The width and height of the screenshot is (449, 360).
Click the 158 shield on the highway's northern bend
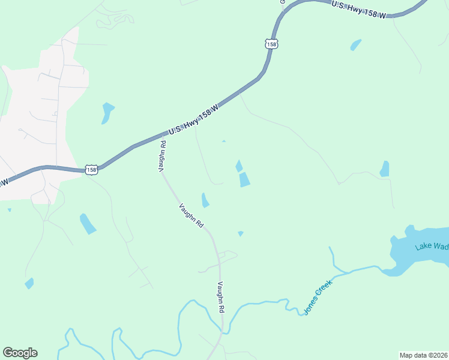271,44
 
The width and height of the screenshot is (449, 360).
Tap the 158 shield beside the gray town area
91,170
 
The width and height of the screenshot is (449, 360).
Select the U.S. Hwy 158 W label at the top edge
359,10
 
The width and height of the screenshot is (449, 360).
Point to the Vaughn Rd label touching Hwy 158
162,157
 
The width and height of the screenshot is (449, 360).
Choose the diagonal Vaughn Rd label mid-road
191,215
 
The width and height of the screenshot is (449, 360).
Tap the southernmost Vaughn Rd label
220,296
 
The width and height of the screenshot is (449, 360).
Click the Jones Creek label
318,296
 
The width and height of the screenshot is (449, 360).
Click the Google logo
20,353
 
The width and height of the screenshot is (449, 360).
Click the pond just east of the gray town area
107,112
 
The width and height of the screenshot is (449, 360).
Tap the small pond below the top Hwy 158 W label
355,45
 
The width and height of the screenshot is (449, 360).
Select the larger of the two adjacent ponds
244,179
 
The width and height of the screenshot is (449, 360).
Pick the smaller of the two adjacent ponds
239,166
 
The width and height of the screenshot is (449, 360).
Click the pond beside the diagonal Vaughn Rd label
205,200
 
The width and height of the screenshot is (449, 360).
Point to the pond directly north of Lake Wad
384,169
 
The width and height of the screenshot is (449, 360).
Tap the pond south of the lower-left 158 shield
88,223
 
